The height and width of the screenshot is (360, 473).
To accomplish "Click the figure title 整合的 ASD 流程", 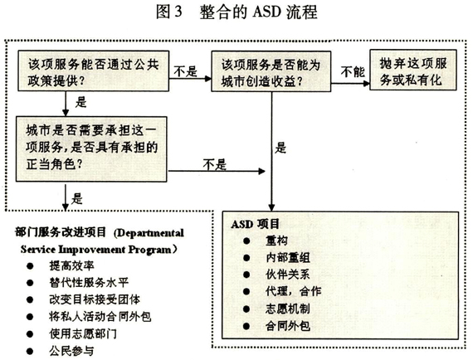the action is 258,12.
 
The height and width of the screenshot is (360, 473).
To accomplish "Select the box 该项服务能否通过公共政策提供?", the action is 93,71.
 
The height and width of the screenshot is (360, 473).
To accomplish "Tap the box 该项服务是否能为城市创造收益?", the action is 271,71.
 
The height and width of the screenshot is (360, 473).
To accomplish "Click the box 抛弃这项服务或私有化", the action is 413,70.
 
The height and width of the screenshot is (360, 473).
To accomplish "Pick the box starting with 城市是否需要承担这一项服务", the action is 91,149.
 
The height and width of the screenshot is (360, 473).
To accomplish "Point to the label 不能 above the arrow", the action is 353,72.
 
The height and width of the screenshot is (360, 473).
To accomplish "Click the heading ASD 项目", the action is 256,224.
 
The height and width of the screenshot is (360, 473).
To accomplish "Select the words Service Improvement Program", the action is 95,250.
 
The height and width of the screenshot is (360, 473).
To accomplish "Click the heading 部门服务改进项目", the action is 61,232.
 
